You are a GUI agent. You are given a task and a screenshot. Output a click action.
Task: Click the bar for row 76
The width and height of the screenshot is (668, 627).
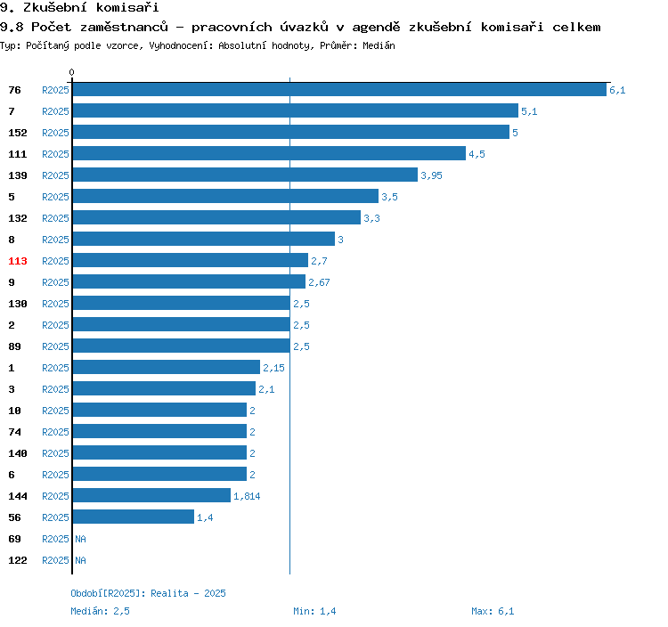[339, 89]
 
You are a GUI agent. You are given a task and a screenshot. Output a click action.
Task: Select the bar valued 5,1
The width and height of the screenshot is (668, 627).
[296, 110]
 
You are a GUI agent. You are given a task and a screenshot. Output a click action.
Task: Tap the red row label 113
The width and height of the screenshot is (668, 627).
[18, 261]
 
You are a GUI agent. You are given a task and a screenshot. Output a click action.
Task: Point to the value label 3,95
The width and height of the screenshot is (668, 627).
[431, 175]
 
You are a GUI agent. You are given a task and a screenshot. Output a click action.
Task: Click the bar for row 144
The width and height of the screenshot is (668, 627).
[151, 495]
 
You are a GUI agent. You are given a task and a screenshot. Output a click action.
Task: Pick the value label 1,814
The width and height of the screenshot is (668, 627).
[247, 496]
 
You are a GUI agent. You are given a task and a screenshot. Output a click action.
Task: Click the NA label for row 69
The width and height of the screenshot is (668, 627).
[80, 539]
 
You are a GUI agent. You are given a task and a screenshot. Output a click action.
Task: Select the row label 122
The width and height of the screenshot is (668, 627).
[18, 560]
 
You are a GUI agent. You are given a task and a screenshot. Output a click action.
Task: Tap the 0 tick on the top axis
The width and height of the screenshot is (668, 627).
[71, 72]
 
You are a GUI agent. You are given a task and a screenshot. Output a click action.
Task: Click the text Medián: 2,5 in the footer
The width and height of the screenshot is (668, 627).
[100, 611]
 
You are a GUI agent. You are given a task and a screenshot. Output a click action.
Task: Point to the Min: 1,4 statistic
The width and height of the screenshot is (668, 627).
[314, 611]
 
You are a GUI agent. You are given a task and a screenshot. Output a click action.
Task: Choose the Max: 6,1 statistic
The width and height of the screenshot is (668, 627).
[493, 611]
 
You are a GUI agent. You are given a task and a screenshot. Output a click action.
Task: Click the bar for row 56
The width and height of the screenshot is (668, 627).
[134, 517]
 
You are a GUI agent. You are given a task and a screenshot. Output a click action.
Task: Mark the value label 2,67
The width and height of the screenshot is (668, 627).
[319, 282]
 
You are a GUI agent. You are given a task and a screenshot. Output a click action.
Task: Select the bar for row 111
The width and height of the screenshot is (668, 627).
[269, 153]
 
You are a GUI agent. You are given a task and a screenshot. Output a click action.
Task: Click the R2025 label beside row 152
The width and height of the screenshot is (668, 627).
[55, 133]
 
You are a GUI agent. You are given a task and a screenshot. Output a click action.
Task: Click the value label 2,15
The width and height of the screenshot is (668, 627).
[273, 368]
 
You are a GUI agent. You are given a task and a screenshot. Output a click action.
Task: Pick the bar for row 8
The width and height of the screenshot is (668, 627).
[204, 239]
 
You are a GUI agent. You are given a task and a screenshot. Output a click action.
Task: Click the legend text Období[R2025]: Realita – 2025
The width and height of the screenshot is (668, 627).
[148, 593]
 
